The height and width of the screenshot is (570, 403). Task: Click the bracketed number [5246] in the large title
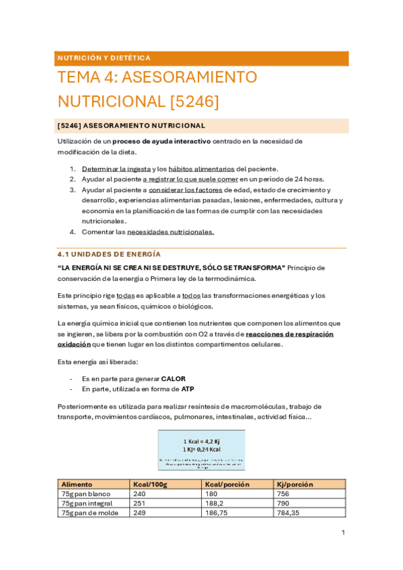click(x=195, y=101)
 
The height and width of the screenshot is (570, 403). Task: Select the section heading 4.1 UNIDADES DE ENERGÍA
click(x=110, y=254)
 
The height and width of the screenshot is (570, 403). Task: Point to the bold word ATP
click(x=188, y=389)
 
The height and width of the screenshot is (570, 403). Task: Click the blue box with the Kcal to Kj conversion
click(x=202, y=450)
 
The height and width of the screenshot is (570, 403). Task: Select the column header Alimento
click(x=76, y=484)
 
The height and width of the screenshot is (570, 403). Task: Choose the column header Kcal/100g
click(x=151, y=484)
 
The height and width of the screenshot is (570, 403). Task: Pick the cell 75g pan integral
click(x=87, y=503)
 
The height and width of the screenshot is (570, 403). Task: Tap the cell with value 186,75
click(x=218, y=512)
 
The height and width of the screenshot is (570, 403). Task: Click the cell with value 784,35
click(x=293, y=512)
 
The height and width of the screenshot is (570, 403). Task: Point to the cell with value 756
click(x=283, y=493)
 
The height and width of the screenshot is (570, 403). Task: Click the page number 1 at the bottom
click(x=343, y=533)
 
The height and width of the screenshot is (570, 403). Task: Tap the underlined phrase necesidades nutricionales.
click(x=170, y=232)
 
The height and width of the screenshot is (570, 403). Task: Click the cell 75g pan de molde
click(x=88, y=512)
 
